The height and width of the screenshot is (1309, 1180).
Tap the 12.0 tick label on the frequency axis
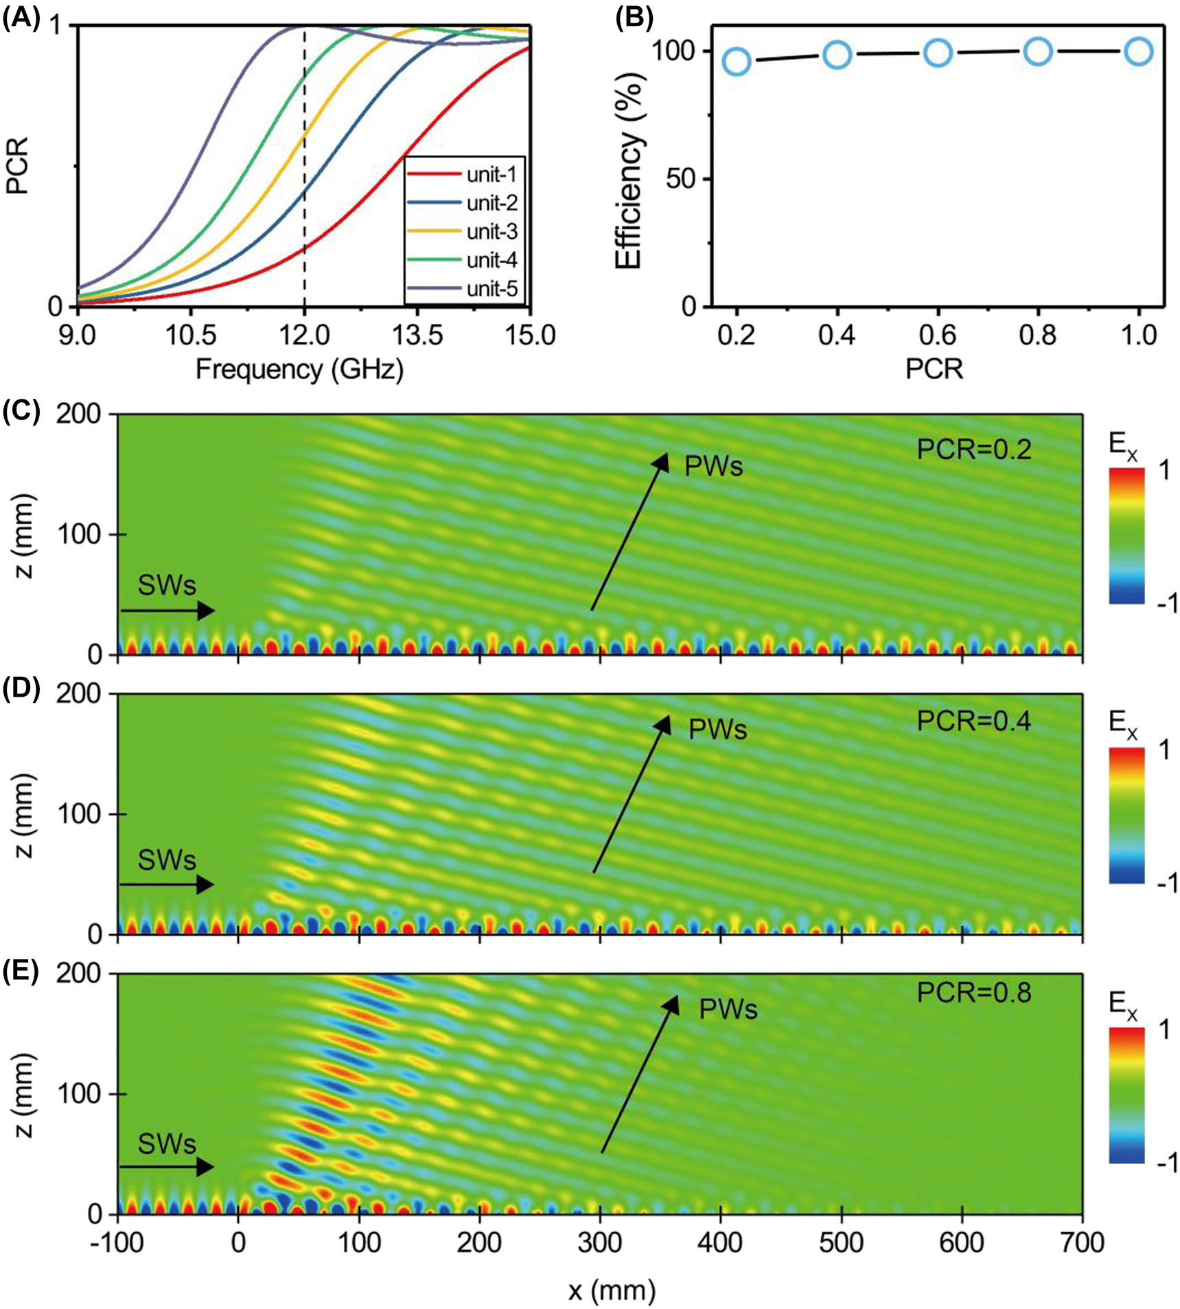[x=303, y=336]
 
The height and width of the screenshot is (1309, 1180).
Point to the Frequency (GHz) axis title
[x=299, y=369]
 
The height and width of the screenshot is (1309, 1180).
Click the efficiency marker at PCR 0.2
[x=737, y=62]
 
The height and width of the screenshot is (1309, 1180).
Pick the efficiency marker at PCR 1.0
[x=1139, y=51]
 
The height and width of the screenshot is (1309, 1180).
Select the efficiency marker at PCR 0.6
[x=938, y=53]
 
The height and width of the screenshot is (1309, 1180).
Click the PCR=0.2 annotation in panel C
[x=973, y=450]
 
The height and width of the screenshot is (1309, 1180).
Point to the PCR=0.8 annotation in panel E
[x=973, y=993]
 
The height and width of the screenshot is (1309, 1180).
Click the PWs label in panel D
[x=717, y=730]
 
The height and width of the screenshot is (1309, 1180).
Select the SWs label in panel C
[x=167, y=586]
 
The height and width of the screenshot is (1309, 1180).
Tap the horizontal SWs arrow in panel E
[x=167, y=1166]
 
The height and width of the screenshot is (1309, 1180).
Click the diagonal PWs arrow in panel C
[x=629, y=531]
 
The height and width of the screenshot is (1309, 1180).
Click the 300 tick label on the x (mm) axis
[x=599, y=1242]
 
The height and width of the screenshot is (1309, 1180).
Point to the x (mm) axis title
[x=612, y=1290]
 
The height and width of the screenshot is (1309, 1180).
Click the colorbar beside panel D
[x=1126, y=815]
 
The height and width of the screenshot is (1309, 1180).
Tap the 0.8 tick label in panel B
[x=1038, y=336]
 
